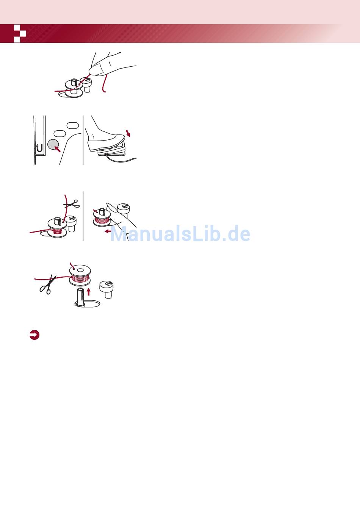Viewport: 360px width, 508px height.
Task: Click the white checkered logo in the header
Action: (x=20, y=34)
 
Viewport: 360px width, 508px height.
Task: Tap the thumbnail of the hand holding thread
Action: (x=95, y=75)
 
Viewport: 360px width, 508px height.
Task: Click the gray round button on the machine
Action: (x=53, y=144)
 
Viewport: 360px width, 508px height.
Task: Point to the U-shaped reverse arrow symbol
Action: (x=39, y=148)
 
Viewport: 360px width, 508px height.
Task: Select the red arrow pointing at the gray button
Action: (x=58, y=149)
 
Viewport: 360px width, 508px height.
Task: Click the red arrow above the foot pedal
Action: (x=128, y=133)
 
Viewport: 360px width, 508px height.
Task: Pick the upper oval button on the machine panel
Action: (x=73, y=125)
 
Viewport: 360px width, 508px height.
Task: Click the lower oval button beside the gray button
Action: (x=59, y=133)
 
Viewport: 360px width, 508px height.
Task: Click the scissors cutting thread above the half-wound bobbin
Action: (x=72, y=204)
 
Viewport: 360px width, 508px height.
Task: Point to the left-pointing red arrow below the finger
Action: (x=108, y=231)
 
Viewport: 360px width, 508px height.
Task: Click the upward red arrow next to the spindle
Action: (x=88, y=292)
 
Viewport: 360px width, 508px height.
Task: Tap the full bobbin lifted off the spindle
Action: (x=80, y=275)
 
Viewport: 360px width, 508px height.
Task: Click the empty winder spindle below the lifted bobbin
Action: (x=81, y=296)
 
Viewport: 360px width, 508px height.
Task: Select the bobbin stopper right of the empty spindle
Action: (x=106, y=289)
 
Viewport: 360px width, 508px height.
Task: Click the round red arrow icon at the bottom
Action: (x=34, y=335)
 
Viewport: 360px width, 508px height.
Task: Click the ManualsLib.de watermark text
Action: (x=180, y=233)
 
